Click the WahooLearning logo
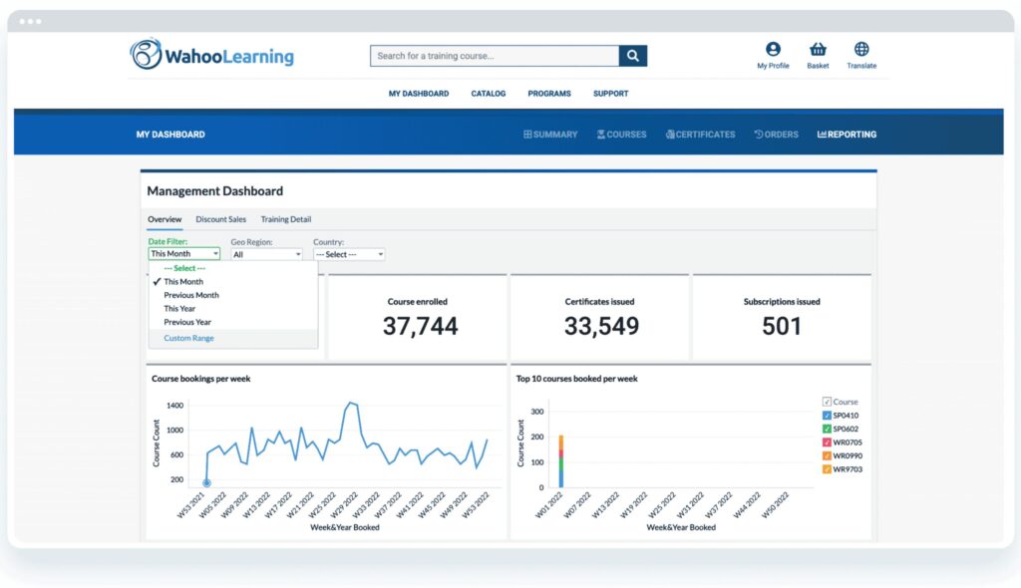click(212, 55)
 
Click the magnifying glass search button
click(633, 56)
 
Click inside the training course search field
click(494, 56)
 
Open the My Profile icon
click(773, 50)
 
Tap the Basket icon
click(818, 50)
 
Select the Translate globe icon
click(861, 50)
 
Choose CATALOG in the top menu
click(489, 94)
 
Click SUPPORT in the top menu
click(610, 94)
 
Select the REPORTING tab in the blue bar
click(847, 135)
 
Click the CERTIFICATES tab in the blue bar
click(700, 135)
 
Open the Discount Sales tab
click(220, 219)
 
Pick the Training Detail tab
click(286, 219)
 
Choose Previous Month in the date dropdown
click(191, 295)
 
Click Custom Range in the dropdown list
click(188, 338)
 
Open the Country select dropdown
click(349, 254)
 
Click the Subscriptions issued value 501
click(781, 326)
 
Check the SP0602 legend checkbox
click(828, 429)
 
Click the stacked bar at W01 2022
click(561, 461)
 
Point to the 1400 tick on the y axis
click(174, 407)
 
